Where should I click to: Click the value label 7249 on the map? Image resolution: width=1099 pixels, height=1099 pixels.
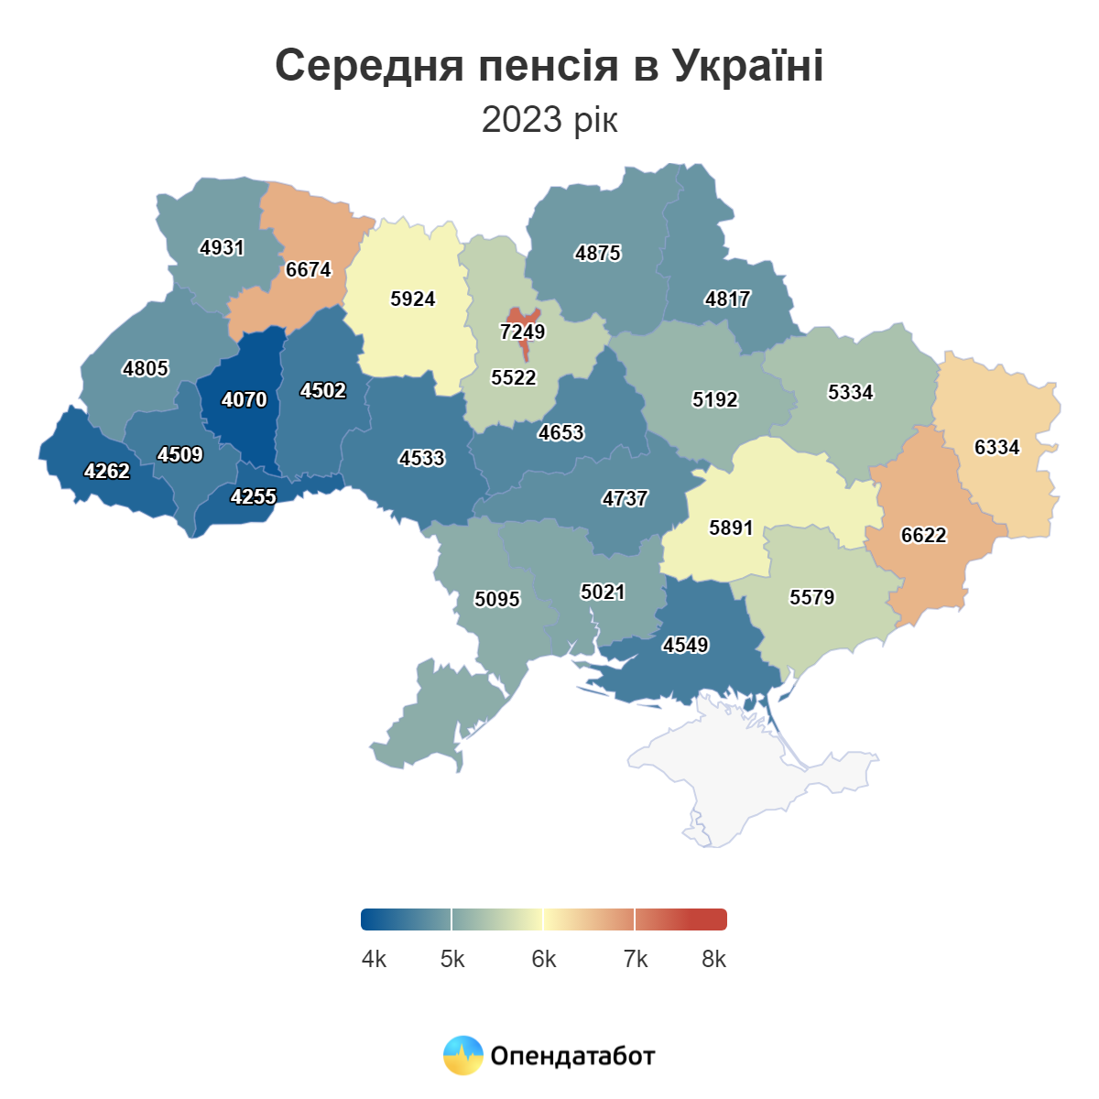coord(522,332)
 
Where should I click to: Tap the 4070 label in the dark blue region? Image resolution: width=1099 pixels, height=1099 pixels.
coord(245,399)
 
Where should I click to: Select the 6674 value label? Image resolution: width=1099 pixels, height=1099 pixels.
coord(308,269)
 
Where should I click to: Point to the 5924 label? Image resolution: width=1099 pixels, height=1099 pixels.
coord(412,299)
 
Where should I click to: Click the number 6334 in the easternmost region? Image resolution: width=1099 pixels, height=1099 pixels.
coord(996,447)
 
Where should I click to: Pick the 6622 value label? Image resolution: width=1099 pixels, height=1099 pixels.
coord(923,535)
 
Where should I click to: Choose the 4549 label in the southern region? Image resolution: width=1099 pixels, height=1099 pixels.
coord(685,645)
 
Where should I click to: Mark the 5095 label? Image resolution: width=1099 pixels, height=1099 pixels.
coord(496,599)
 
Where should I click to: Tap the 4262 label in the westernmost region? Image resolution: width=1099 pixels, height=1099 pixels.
coord(107,471)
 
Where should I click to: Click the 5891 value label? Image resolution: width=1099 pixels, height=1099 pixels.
coord(731,528)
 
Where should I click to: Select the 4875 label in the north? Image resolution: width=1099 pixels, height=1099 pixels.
coord(597,253)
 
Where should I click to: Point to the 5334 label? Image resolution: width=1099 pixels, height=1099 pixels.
coord(850,392)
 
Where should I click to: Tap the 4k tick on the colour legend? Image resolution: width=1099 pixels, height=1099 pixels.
coord(374,959)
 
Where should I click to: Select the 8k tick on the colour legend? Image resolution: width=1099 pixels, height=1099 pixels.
coord(713,959)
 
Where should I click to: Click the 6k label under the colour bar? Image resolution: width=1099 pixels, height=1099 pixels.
coord(543,959)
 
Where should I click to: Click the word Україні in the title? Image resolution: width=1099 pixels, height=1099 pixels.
coord(747,65)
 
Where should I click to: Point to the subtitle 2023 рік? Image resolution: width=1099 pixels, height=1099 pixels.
coord(549,119)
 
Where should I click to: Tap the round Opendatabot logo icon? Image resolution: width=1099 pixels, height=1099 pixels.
coord(462,1055)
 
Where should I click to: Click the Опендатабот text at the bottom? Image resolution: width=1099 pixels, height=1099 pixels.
coord(572,1056)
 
